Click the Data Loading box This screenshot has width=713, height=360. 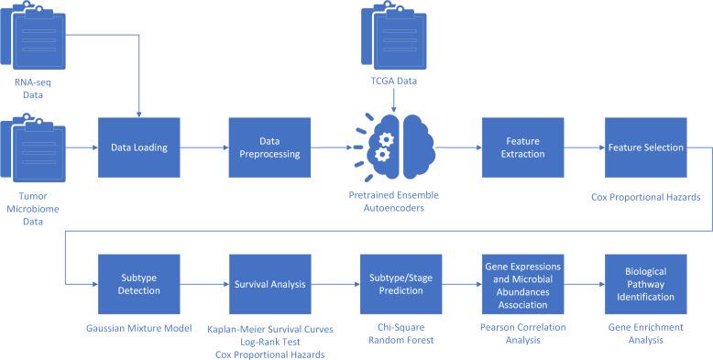click(139, 147)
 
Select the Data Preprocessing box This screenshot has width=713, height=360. click(270, 147)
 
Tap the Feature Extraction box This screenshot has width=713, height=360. click(524, 147)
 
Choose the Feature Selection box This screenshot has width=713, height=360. click(645, 147)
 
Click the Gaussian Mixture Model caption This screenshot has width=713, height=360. click(139, 328)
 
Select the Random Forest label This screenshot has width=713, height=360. click(399, 341)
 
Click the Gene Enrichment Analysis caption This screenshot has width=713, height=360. click(645, 333)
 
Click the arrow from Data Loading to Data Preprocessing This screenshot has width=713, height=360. click(204, 147)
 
